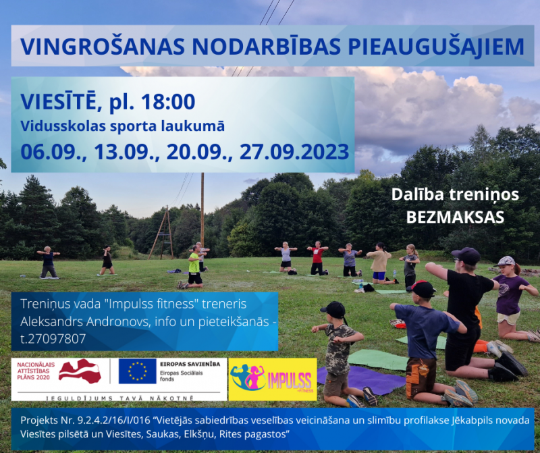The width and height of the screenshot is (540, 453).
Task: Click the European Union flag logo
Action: pyautogui.click(x=137, y=371)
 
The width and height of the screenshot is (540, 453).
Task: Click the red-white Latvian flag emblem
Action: pyautogui.click(x=80, y=371)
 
